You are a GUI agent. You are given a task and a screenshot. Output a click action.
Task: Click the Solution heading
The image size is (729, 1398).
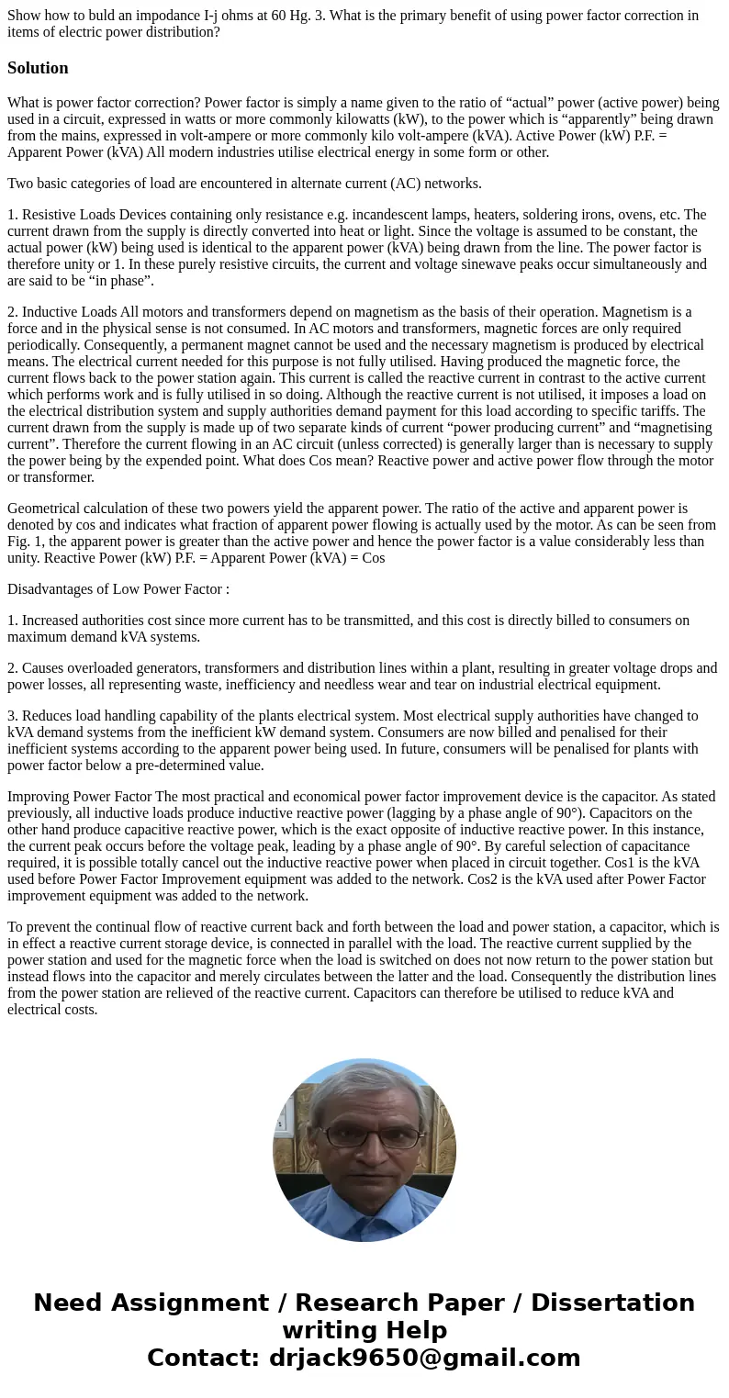pos(38,68)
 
